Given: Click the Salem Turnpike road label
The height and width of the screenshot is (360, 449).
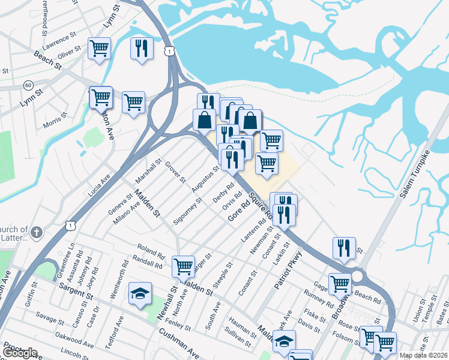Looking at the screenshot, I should tap(417, 173).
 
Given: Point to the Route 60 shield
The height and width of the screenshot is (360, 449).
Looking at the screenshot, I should tap(28, 85).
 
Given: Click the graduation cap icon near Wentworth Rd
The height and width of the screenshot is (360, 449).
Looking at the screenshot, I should tap(140, 293).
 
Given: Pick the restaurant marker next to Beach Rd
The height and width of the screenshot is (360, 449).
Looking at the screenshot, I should tap(344, 248).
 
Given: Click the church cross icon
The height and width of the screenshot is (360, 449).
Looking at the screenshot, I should tap(36, 232).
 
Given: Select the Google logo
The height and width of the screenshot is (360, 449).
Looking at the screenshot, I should tap(20, 352).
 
